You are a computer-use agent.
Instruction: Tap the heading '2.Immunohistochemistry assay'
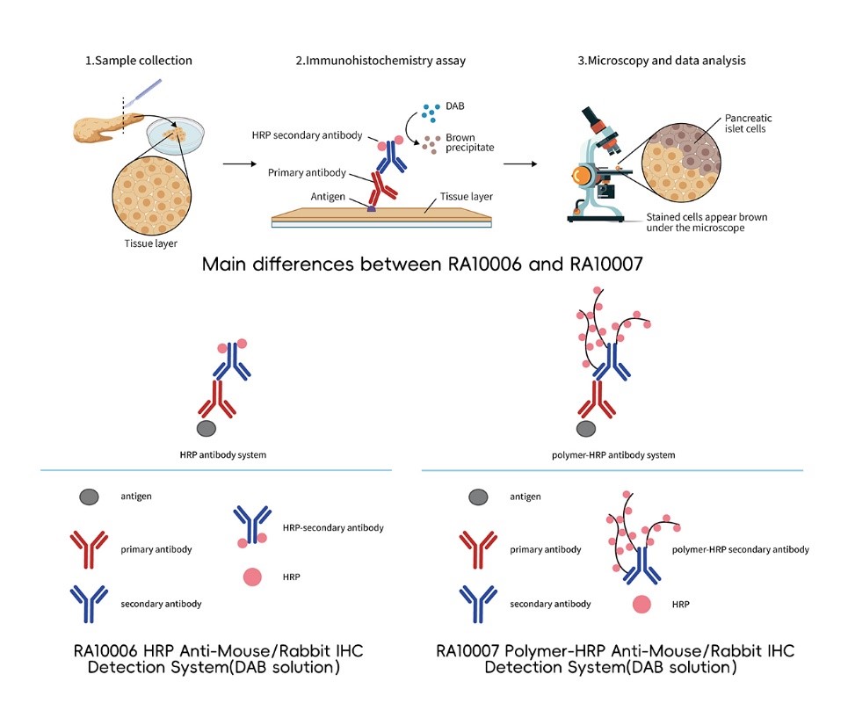click(381, 61)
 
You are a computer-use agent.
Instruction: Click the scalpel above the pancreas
click(141, 92)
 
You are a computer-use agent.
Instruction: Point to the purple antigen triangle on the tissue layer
click(372, 207)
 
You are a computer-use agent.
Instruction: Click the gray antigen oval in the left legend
click(84, 497)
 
